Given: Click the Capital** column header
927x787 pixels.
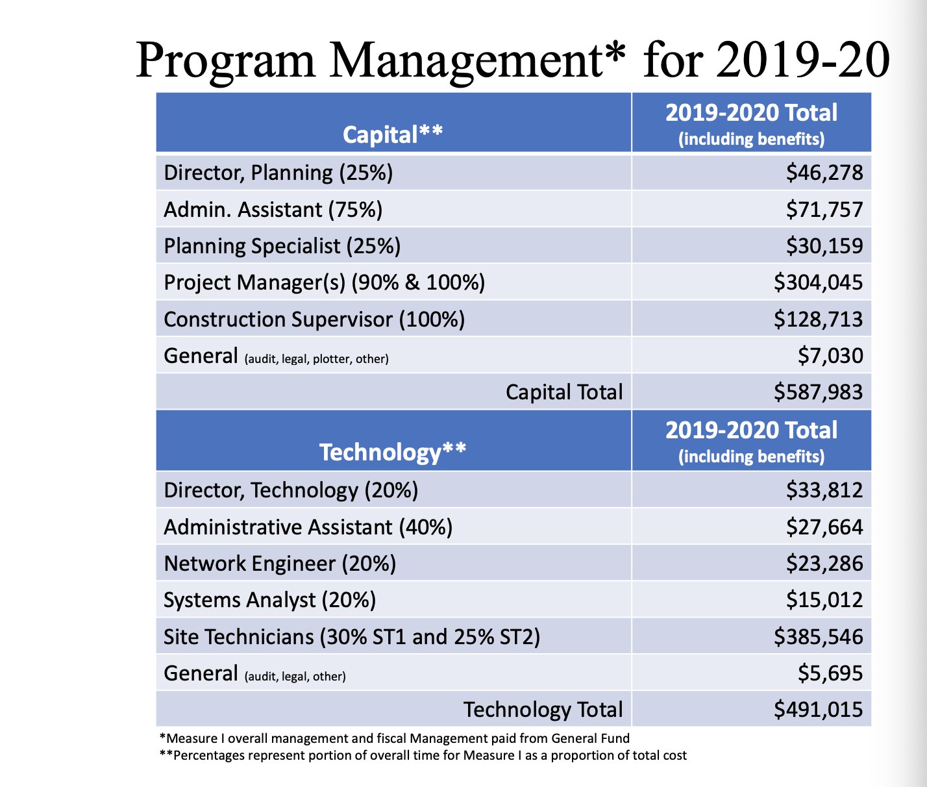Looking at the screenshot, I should pos(393,134).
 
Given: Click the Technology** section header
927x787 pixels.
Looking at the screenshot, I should pos(393,452).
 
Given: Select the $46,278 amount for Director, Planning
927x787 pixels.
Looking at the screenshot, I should pos(824,173).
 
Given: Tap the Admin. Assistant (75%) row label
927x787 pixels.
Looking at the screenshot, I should pos(273,210).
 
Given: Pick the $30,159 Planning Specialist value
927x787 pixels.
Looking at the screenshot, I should pos(824,246).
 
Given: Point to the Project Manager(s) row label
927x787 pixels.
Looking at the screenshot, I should pos(324,282).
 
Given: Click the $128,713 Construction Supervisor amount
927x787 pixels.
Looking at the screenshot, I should pos(818,319).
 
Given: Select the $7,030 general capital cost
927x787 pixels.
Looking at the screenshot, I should pos(830,356).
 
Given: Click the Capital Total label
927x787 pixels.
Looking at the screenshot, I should pos(563,392).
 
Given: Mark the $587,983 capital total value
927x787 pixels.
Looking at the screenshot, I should pos(818,392).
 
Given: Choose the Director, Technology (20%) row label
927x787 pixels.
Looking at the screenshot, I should pos(291,490).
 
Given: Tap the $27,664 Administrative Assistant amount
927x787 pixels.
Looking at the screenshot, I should pos(824,527).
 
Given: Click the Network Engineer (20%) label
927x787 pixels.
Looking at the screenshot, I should pos(280,564).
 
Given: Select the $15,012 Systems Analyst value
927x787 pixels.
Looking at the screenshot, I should pos(824,600).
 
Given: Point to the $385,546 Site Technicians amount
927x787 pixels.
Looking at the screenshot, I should pos(818,637).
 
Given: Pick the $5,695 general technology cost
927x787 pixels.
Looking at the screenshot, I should pos(830,673).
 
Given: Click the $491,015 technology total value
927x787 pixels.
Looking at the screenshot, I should pos(818,710).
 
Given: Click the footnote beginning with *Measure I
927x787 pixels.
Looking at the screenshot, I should pos(395,738).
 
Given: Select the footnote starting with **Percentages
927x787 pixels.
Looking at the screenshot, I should pos(423,755).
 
